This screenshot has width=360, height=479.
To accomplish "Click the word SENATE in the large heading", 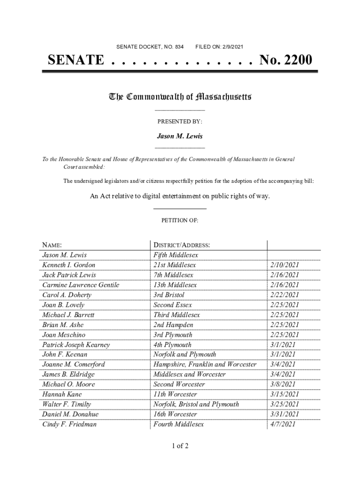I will tap(76, 60).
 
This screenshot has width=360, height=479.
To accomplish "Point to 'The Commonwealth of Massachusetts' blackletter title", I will tap(180, 97).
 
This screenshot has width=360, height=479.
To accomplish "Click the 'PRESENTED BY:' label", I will tap(180, 122).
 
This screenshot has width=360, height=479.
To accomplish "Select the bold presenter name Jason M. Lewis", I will tap(180, 137).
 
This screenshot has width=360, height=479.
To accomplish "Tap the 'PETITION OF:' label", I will tap(180, 220).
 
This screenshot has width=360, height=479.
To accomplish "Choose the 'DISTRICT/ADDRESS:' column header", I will tap(181, 245).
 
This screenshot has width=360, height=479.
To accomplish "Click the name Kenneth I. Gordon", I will tap(69, 265).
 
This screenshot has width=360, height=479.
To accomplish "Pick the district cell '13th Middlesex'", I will tap(175, 285).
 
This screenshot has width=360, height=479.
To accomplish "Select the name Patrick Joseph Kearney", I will tap(76, 345).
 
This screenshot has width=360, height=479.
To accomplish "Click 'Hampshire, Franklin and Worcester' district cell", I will tap(205, 364).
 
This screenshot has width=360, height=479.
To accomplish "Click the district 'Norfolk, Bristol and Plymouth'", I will tap(196, 404).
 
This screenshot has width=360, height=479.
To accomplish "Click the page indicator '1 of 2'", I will tap(180, 446).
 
